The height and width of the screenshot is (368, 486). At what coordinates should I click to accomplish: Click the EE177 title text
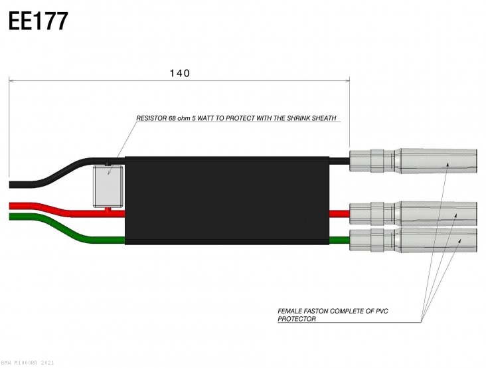38,21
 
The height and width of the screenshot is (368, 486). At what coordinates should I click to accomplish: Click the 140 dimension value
179,73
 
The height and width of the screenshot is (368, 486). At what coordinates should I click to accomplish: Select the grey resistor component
108,185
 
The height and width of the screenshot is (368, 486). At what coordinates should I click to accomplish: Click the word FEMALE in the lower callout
291,311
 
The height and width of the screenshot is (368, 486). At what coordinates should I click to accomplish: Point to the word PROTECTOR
296,319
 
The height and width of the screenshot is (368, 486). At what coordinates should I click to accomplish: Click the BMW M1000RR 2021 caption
29,363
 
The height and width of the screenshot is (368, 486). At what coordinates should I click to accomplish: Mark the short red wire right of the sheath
339,213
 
